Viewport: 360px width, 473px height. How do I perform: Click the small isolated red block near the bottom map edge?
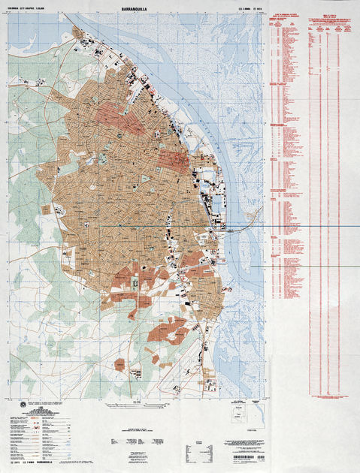point(119,364)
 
